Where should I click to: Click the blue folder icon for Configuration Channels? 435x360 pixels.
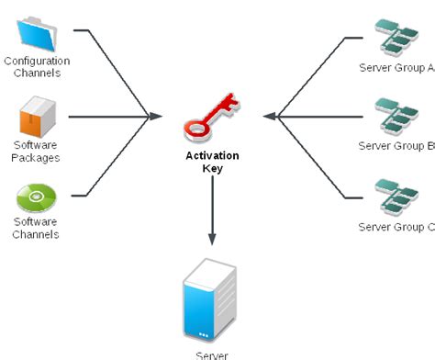point(37,32)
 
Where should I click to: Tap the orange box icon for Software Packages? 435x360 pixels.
point(37,118)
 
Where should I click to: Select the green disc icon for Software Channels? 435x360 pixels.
point(36,197)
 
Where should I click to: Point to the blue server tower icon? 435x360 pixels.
point(210,299)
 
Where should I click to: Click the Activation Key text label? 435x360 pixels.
point(212,163)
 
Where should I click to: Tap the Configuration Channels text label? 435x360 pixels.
point(36,67)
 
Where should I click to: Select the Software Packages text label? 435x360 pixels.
point(36,152)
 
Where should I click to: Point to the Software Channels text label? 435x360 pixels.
point(36,228)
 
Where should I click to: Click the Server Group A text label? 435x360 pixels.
point(396,67)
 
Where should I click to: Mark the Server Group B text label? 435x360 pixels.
point(396,146)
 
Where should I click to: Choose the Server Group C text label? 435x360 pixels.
point(396,227)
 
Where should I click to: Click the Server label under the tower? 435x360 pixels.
point(211,354)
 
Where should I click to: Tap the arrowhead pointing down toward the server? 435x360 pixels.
point(212,239)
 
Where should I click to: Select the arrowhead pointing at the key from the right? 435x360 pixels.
point(268,117)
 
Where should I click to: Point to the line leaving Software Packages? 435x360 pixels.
point(106,117)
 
